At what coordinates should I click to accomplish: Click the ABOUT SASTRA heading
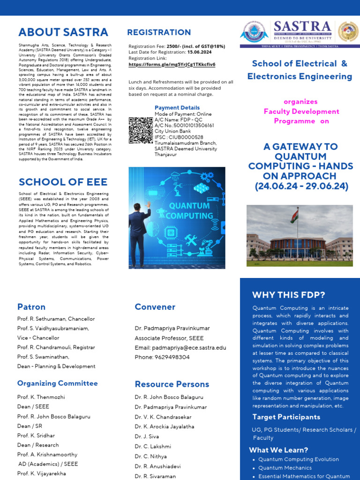63,32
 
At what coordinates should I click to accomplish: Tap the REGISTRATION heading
159,32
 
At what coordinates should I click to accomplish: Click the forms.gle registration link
172,64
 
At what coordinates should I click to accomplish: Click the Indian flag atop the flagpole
294,216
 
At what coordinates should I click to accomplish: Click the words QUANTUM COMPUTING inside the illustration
189,211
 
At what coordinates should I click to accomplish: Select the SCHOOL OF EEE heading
63,182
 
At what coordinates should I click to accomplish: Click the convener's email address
180,348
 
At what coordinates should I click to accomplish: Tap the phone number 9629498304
162,357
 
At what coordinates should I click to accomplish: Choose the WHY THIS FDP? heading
288,295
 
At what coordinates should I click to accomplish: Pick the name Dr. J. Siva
148,436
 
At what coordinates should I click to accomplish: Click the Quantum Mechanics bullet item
285,468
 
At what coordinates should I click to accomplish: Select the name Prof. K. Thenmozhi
41,397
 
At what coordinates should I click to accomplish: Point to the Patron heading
31,307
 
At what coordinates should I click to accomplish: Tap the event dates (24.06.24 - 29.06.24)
301,186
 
